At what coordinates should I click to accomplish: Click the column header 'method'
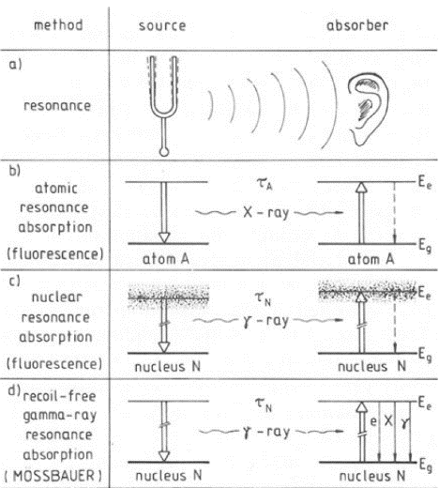pyautogui.click(x=58, y=25)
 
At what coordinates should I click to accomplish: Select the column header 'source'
pyautogui.click(x=162, y=25)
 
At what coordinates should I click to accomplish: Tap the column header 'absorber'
pyautogui.click(x=357, y=25)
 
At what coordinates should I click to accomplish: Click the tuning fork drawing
pyautogui.click(x=163, y=106)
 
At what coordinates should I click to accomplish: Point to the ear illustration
pyautogui.click(x=369, y=110)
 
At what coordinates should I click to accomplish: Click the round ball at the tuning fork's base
pyautogui.click(x=164, y=152)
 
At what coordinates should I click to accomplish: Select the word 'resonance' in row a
pyautogui.click(x=57, y=106)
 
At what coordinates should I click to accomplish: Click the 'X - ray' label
pyautogui.click(x=265, y=213)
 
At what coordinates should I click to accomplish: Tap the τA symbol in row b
pyautogui.click(x=265, y=184)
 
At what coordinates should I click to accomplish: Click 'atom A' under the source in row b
pyautogui.click(x=166, y=259)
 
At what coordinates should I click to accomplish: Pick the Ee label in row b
pyautogui.click(x=425, y=183)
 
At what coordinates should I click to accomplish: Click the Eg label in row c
pyautogui.click(x=425, y=356)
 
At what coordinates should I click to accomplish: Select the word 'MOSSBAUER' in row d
pyautogui.click(x=53, y=476)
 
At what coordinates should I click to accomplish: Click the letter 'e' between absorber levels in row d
pyautogui.click(x=373, y=421)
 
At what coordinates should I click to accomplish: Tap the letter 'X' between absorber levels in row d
pyautogui.click(x=388, y=420)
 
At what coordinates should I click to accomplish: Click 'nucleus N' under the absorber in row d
pyautogui.click(x=372, y=476)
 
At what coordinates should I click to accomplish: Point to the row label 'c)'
pyautogui.click(x=14, y=281)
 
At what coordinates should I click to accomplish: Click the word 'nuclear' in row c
pyautogui.click(x=57, y=297)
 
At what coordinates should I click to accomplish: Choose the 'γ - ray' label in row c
pyautogui.click(x=265, y=321)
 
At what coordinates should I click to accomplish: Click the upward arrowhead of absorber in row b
pyautogui.click(x=361, y=187)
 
